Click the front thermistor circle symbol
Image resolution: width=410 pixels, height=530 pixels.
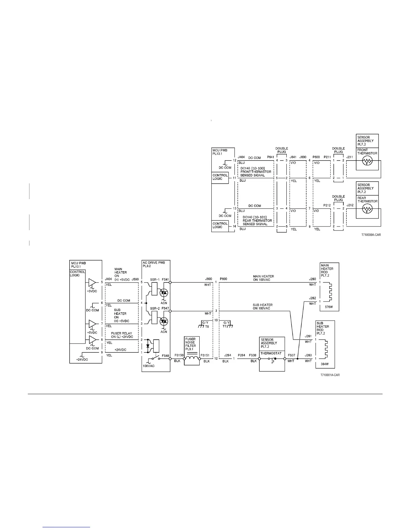(x=367, y=162)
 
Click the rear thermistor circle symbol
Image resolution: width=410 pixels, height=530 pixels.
(x=367, y=209)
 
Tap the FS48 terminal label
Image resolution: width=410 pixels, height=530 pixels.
(x=165, y=356)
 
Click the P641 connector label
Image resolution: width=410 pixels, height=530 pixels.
(x=271, y=157)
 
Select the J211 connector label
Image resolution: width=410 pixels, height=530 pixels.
(x=350, y=157)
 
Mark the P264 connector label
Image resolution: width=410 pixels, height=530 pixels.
(x=242, y=356)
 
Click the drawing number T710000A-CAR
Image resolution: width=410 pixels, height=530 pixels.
(x=371, y=235)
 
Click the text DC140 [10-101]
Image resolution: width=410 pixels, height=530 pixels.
(x=255, y=217)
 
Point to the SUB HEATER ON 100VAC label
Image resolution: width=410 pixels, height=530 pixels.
(x=263, y=306)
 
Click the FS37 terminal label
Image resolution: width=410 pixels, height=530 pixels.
(x=291, y=356)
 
